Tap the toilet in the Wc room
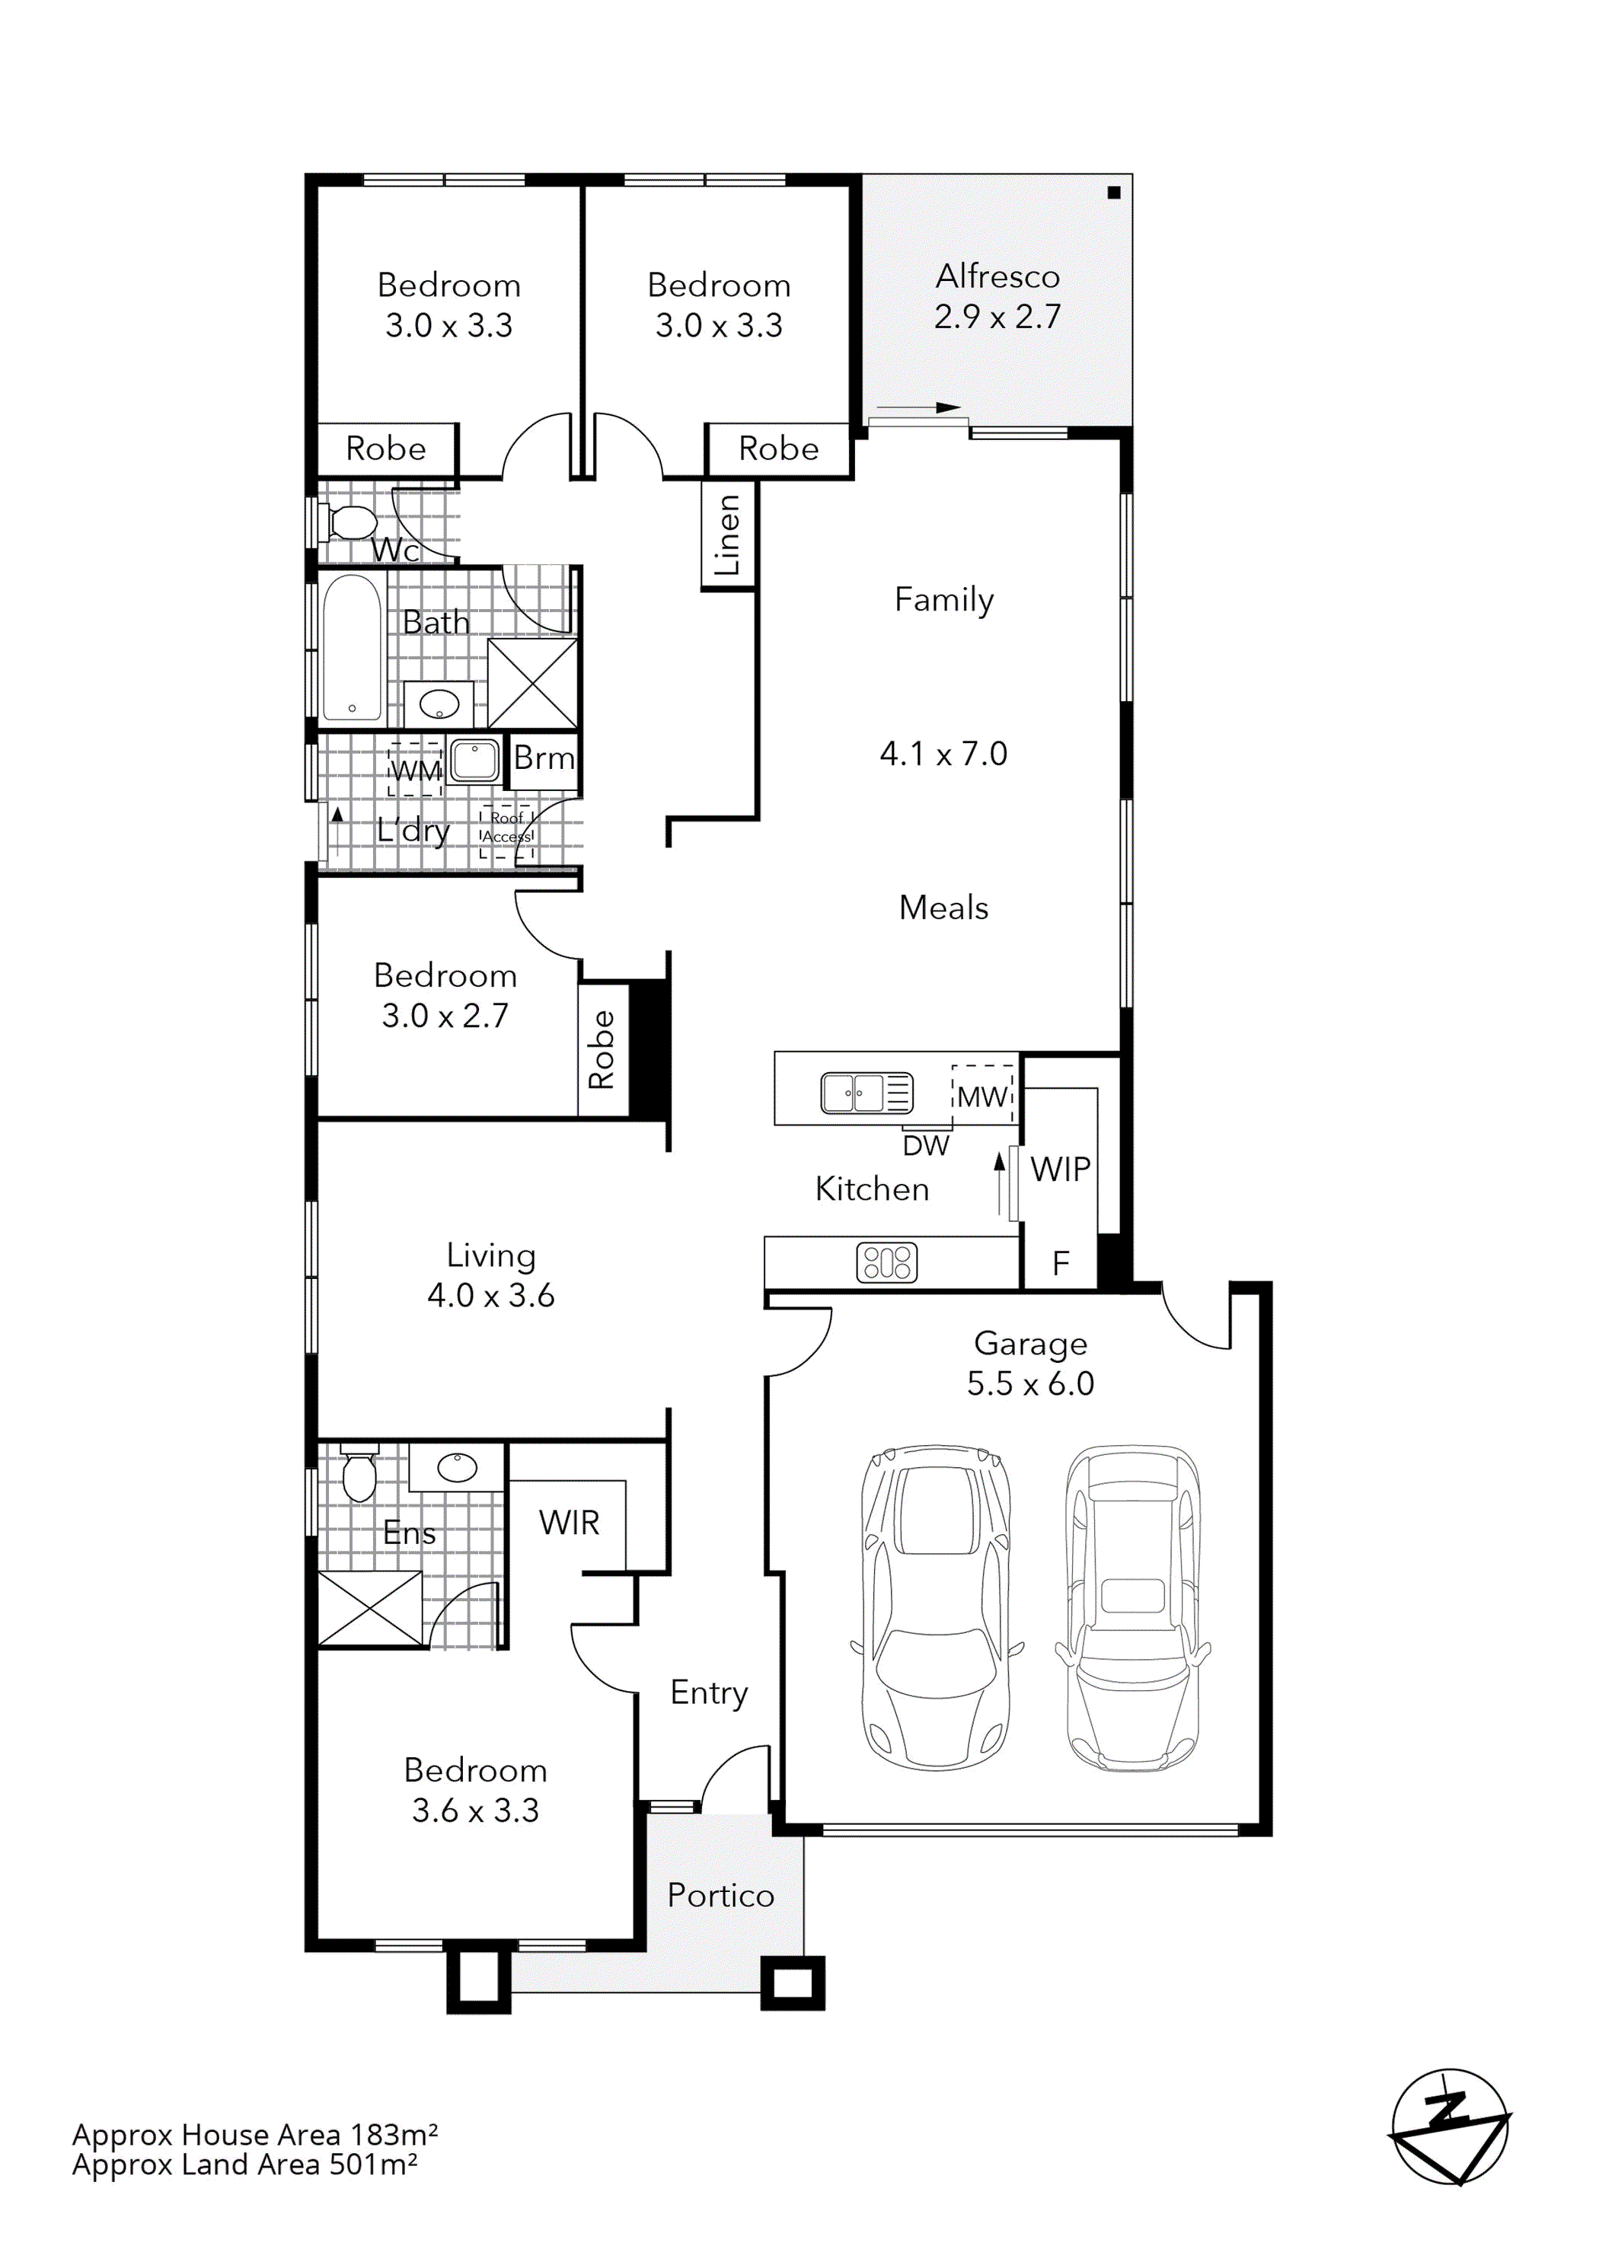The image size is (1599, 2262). pyautogui.click(x=349, y=522)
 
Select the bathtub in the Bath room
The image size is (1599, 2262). pyautogui.click(x=352, y=647)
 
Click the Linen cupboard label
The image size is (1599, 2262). pyautogui.click(x=727, y=535)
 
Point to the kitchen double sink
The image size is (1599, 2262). pyautogui.click(x=867, y=1093)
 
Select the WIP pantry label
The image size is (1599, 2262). pyautogui.click(x=1060, y=1169)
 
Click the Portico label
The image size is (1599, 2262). pyautogui.click(x=720, y=1896)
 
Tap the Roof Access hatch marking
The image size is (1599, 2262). pyautogui.click(x=506, y=828)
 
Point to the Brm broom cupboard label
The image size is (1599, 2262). pyautogui.click(x=543, y=758)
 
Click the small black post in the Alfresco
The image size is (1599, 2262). pyautogui.click(x=1113, y=193)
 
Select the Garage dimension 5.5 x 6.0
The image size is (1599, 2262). pyautogui.click(x=1029, y=1383)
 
